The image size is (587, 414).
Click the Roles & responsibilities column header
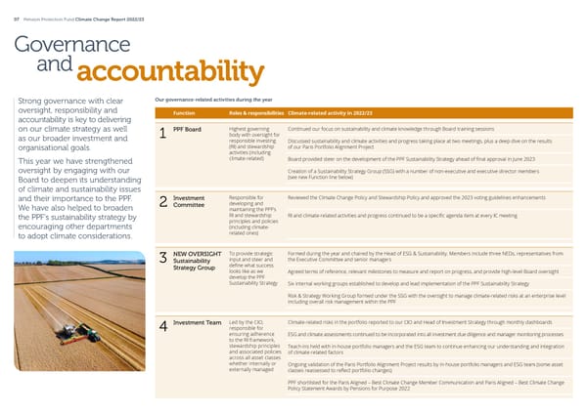254,113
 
